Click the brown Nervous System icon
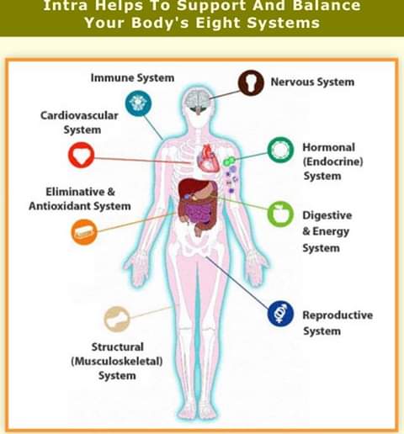click(251, 83)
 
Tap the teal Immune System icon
click(138, 103)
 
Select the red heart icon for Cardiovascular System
click(82, 155)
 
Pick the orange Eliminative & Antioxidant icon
click(84, 232)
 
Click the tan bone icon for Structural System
click(117, 319)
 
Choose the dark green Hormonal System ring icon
click(280, 150)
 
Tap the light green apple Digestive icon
click(280, 214)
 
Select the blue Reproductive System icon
click(280, 314)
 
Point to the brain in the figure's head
click(198, 100)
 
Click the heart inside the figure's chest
click(208, 158)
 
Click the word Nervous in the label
click(292, 82)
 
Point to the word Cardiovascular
click(79, 115)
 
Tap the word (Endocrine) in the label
click(332, 161)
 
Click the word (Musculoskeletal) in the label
click(117, 361)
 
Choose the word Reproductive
click(338, 315)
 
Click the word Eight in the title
click(217, 23)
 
